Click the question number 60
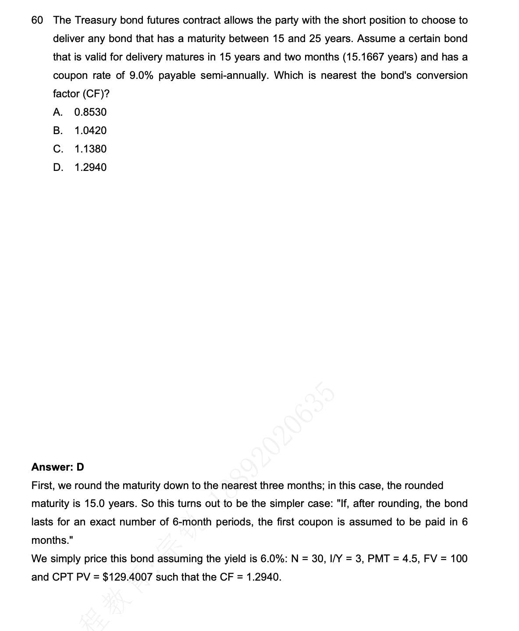click(37, 20)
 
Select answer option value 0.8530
click(90, 112)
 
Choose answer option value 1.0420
click(90, 131)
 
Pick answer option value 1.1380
click(90, 149)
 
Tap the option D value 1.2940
click(90, 167)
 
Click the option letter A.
click(57, 112)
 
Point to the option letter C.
click(58, 149)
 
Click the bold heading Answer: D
click(57, 467)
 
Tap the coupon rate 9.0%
click(141, 75)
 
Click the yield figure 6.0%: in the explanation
click(274, 559)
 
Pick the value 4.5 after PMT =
click(410, 559)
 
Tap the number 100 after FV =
click(459, 559)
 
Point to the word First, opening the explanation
click(43, 486)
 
